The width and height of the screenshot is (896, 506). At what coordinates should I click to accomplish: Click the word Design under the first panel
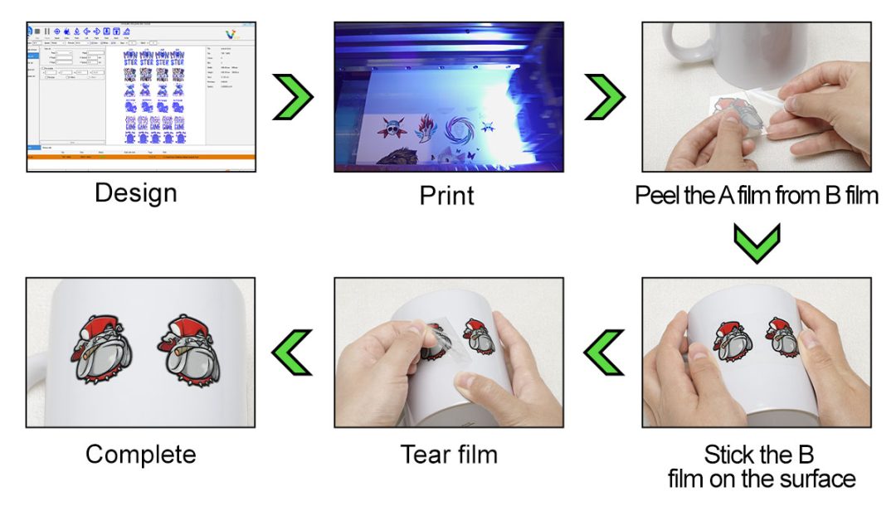tap(135, 193)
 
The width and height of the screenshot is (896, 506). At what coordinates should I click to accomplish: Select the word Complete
tap(140, 455)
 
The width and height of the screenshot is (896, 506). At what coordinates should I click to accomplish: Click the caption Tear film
tap(449, 455)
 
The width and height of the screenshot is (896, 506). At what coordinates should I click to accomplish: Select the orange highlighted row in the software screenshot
tap(141, 155)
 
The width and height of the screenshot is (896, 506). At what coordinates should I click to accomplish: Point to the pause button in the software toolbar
tap(46, 32)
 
